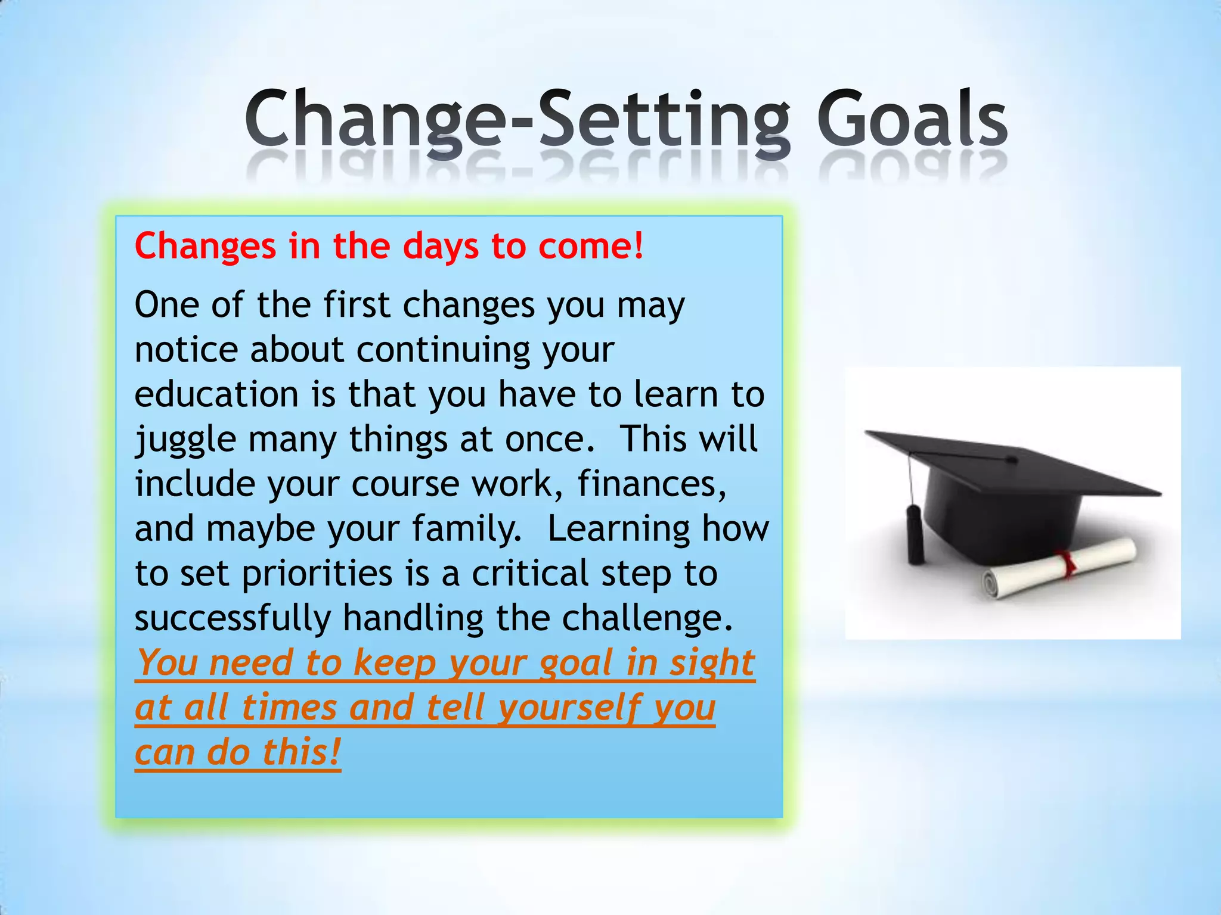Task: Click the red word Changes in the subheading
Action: [x=205, y=246]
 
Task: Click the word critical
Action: [x=530, y=574]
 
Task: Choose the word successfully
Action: [x=233, y=618]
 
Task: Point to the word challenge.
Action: [x=647, y=618]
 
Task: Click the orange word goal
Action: [x=576, y=664]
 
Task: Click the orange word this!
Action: [x=302, y=752]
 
